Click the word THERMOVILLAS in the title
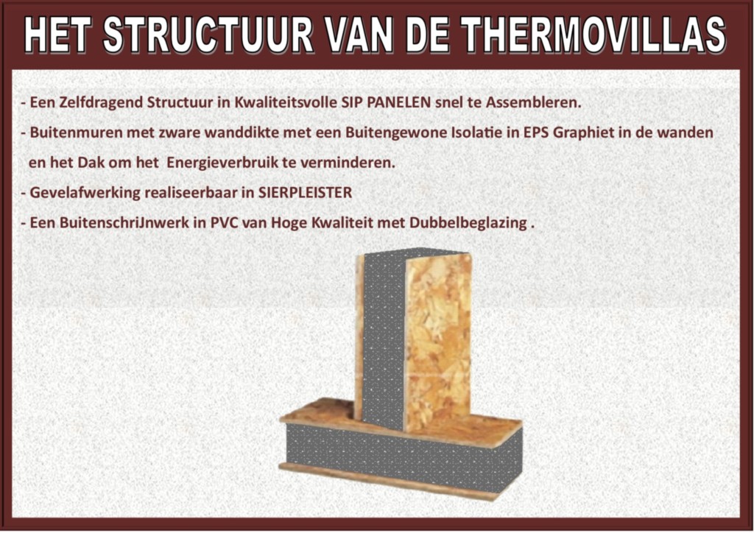[x=593, y=35]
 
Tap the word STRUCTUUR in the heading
[x=208, y=35]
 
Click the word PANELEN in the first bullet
[x=398, y=102]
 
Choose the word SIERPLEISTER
[x=305, y=192]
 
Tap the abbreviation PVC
[x=222, y=222]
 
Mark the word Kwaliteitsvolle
[x=285, y=102]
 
